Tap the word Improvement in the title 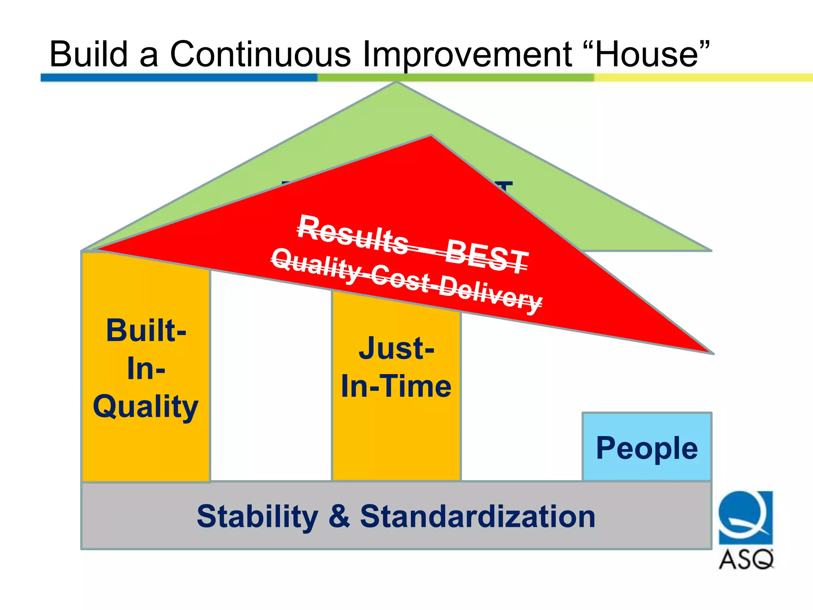coord(467,55)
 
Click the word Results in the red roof coord(353,235)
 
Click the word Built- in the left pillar coord(146,330)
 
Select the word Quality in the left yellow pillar coord(146,407)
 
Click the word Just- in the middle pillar coord(396,348)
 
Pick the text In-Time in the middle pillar coord(396,386)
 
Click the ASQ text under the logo coord(746,560)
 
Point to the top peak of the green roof coord(397,83)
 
